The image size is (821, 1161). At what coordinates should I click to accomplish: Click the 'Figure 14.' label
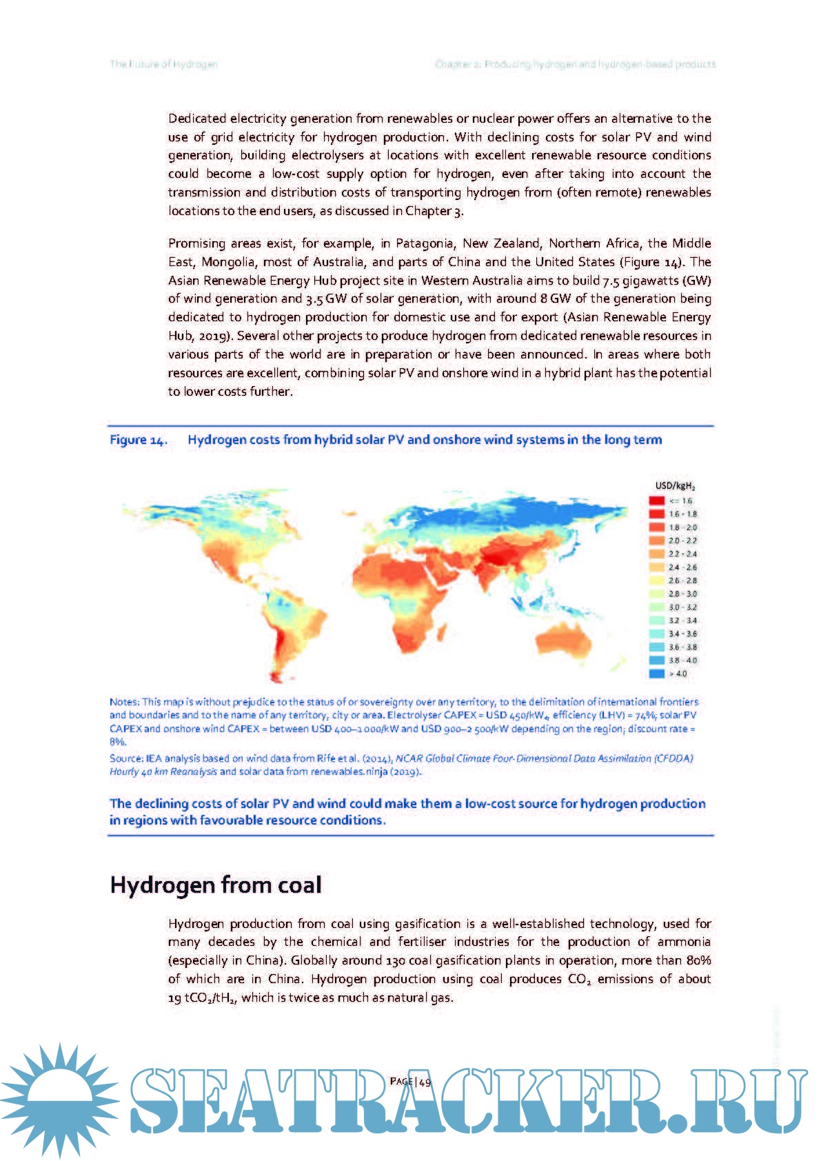pos(139,441)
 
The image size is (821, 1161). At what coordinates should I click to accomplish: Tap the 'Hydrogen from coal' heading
pos(216,885)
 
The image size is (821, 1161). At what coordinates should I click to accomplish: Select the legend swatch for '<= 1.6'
pos(657,501)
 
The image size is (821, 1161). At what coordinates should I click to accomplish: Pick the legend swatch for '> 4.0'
pos(657,674)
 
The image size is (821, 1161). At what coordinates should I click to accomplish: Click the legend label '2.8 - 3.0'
pos(682,594)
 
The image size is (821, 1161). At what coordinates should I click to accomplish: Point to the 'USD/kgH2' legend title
pos(675,486)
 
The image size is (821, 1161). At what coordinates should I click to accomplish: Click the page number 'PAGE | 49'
pos(410,1082)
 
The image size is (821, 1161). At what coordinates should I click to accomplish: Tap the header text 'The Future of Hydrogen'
pos(163,64)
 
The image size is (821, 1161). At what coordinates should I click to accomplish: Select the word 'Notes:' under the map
pos(124,702)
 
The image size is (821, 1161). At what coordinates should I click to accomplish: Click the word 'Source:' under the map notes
pos(126,758)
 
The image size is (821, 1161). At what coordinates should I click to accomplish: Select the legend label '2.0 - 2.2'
pos(682,541)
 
